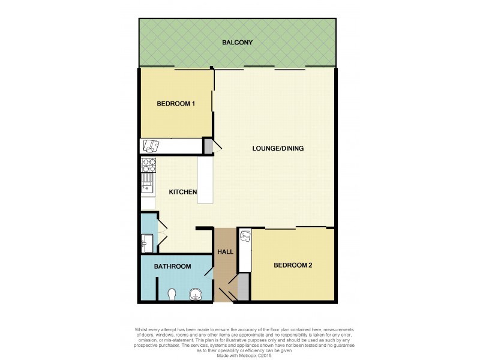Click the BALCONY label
(237, 43)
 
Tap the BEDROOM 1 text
(176, 104)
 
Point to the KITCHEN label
(183, 192)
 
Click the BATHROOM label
(172, 266)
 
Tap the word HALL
(225, 252)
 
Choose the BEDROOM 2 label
(293, 265)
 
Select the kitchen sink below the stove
(148, 183)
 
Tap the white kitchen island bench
(206, 180)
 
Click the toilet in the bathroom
(172, 294)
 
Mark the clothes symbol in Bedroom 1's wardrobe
(151, 145)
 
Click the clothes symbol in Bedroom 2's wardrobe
(244, 236)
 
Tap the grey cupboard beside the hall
(243, 287)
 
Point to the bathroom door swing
(208, 273)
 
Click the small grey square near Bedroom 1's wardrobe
(208, 146)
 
